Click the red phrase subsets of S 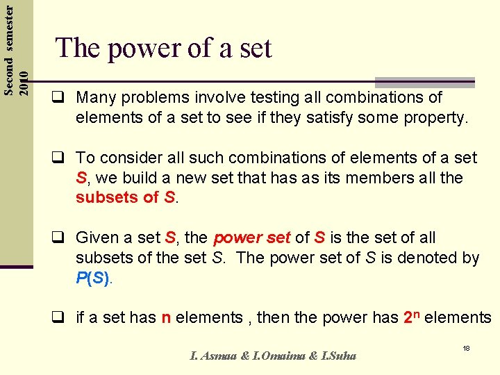click(x=127, y=197)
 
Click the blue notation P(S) click(x=93, y=278)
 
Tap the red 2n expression click(x=411, y=317)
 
